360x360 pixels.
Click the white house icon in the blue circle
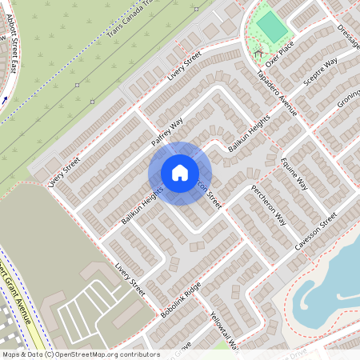tap(179, 172)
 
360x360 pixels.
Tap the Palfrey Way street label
tap(168, 131)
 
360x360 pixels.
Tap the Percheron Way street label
tap(269, 209)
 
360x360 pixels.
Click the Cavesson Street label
tap(316, 232)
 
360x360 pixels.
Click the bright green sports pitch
tap(272, 28)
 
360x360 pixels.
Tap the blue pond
tap(332, 280)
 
